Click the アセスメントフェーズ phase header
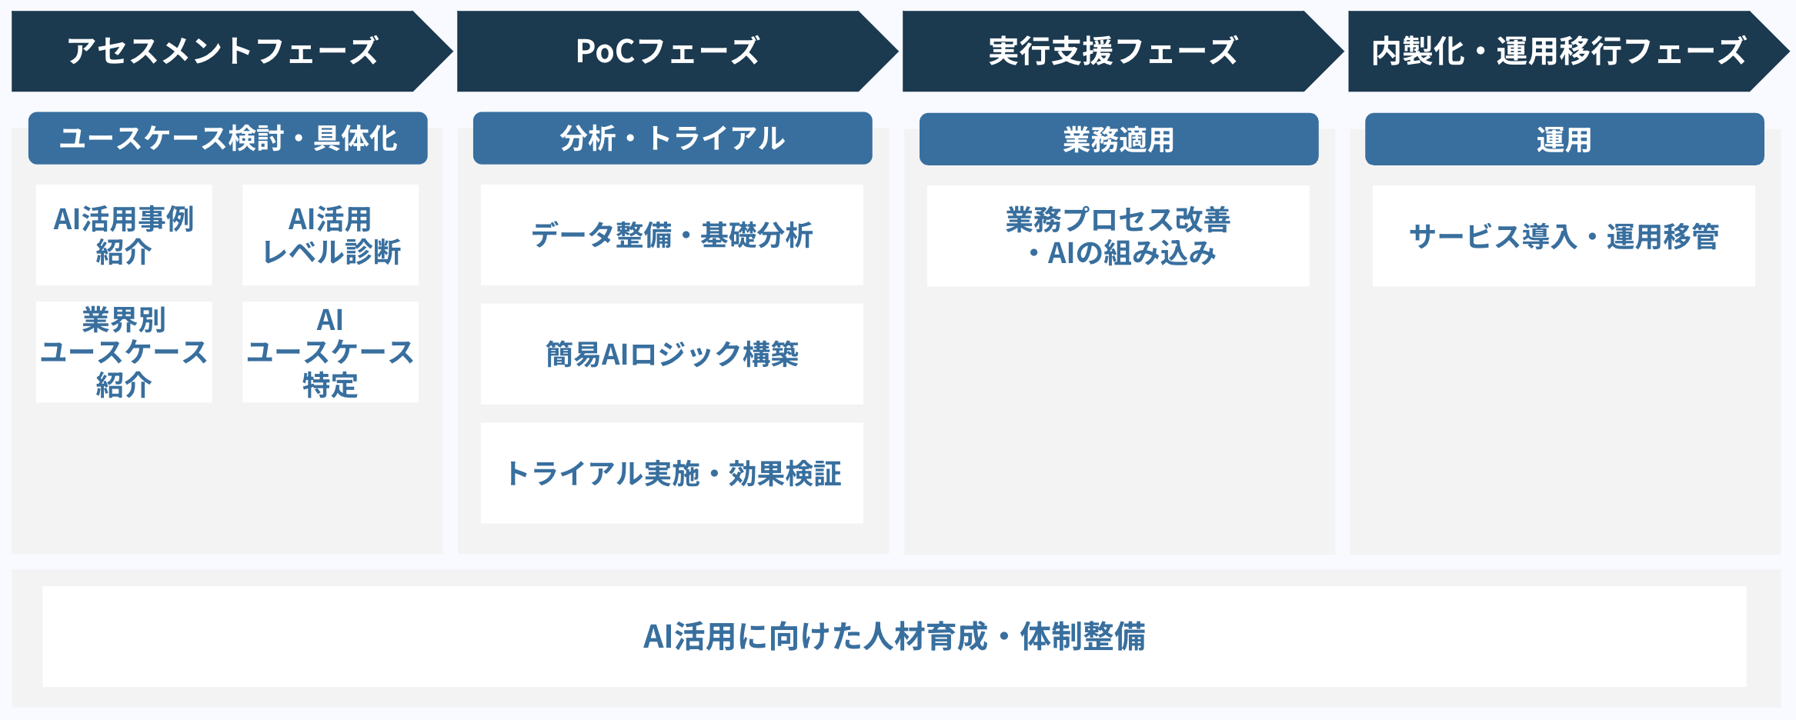(223, 52)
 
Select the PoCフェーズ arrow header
(668, 52)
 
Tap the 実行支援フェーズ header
(1113, 52)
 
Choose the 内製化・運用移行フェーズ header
(1559, 52)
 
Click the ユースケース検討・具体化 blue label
(228, 138)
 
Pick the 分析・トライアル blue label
(673, 138)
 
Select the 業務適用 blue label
(1118, 139)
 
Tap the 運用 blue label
(1564, 139)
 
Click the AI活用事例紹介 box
(124, 235)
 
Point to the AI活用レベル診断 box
(330, 235)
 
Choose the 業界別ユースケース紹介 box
(124, 352)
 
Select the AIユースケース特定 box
(330, 352)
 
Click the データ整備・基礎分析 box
(672, 235)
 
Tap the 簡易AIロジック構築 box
(672, 354)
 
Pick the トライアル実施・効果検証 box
(672, 473)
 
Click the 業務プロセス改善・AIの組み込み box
(1118, 235)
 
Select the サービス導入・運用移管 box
(1564, 235)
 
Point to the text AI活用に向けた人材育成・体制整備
(894, 636)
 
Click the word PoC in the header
(606, 52)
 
